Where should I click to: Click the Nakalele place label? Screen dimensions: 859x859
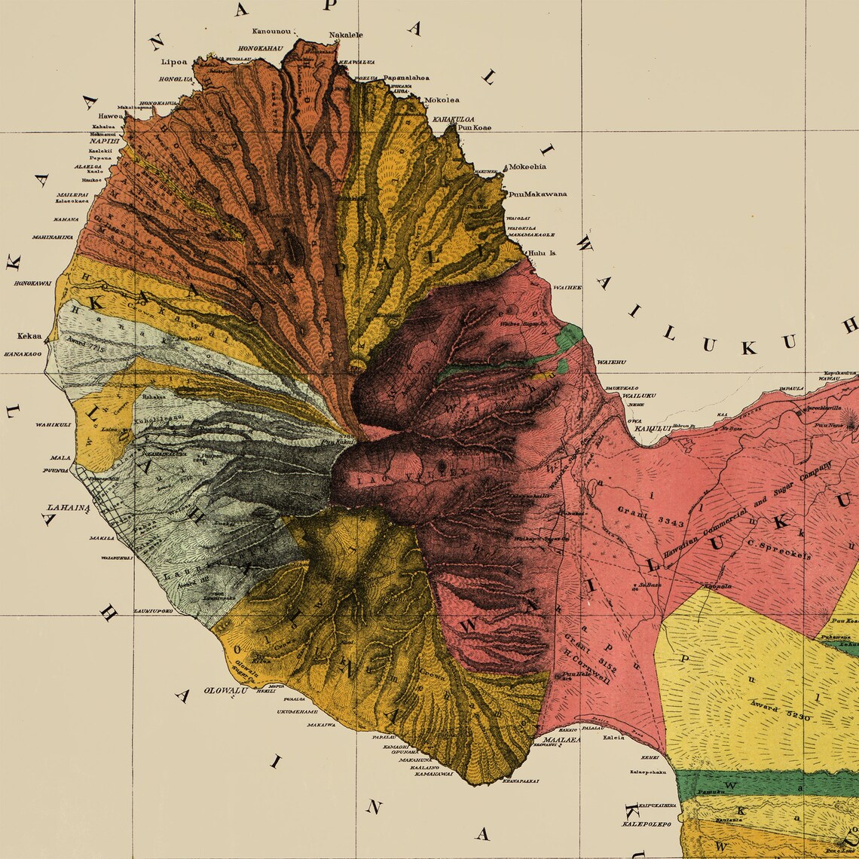point(346,35)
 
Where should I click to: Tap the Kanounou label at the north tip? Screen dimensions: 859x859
point(272,31)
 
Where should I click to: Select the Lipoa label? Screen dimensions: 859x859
point(173,64)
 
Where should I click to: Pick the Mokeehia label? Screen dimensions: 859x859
point(527,167)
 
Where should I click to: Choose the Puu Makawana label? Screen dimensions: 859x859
point(537,194)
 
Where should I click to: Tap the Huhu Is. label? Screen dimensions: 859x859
point(542,253)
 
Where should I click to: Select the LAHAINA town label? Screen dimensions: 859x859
point(69,507)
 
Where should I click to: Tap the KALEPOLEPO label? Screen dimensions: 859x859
point(646,824)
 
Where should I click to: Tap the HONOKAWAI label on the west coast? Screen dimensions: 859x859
point(32,283)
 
